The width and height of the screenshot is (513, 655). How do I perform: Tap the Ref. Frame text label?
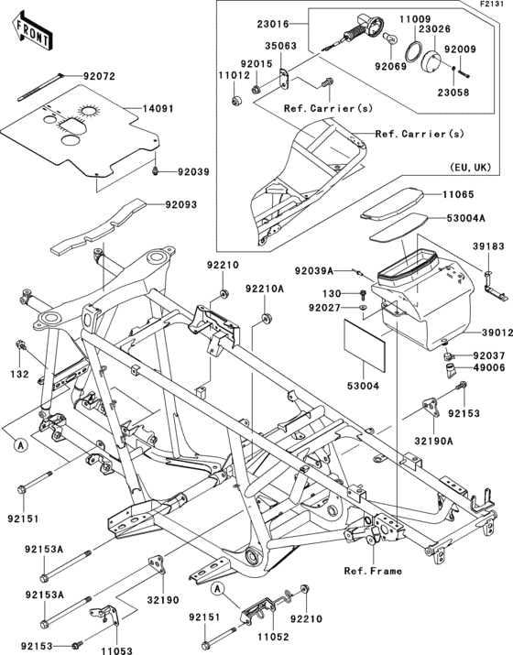(374, 571)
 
